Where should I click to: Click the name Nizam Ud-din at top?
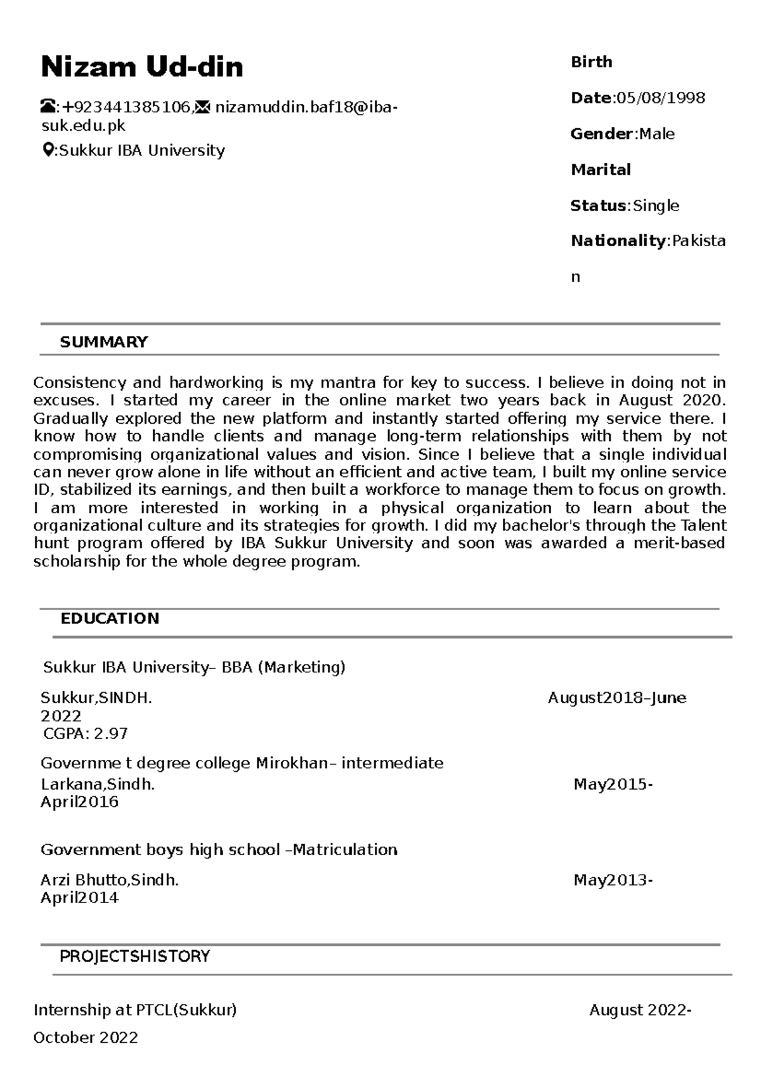(141, 67)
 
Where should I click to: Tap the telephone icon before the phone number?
(48, 107)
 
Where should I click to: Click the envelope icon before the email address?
(202, 107)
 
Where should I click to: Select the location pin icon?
(48, 150)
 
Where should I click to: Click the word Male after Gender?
(657, 134)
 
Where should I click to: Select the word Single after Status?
(656, 206)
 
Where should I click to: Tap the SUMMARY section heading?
(103, 342)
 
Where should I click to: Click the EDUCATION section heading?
(110, 618)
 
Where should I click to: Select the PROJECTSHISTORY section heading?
(134, 956)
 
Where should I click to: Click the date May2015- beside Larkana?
(613, 785)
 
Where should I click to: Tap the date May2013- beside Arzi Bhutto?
(613, 880)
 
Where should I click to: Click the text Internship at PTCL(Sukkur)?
(135, 1010)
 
